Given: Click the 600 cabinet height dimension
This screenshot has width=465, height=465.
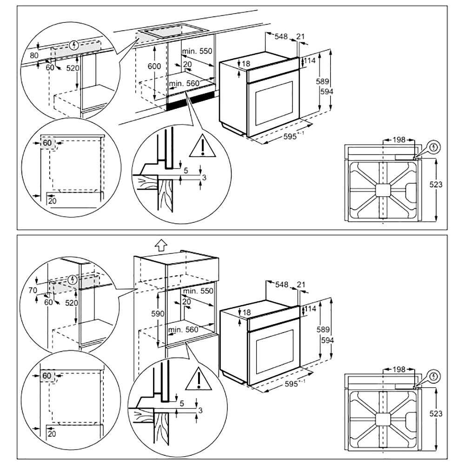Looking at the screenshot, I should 154,66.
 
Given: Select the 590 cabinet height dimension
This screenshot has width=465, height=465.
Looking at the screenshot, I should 157,313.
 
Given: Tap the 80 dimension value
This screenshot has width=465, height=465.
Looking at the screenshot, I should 33,56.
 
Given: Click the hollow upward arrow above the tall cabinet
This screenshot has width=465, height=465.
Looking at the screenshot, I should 160,245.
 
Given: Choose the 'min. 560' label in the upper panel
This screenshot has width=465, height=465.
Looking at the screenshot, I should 184,83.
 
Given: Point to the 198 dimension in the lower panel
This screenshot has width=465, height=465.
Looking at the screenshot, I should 399,370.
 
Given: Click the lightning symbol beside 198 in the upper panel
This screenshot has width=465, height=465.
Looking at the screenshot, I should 434,147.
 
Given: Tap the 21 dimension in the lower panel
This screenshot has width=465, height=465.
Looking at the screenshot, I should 301,284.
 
